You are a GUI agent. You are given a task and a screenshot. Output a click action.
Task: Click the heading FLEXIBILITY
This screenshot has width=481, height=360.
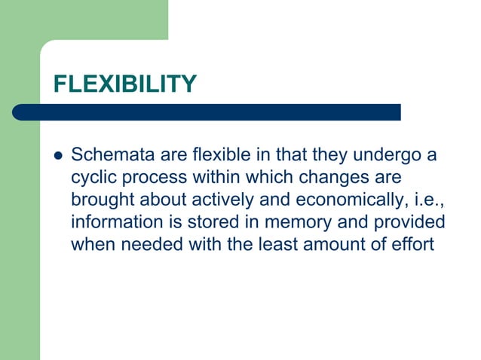(125, 84)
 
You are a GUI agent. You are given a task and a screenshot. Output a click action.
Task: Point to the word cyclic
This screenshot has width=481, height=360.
(92, 178)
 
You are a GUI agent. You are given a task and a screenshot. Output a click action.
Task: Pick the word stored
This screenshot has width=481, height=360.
(207, 222)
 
